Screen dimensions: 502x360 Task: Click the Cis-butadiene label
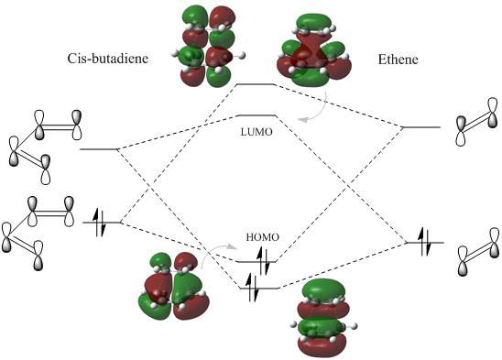pos(108,59)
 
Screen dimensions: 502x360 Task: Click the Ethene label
pos(398,60)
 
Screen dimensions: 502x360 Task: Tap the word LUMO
pos(256,132)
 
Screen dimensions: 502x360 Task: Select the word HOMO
pos(263,237)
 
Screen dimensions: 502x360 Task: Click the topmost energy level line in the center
pos(256,84)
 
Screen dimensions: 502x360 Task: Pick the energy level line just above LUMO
pos(257,115)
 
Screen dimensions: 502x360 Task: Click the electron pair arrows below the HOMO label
pos(263,261)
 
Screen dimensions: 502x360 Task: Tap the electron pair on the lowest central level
pos(252,288)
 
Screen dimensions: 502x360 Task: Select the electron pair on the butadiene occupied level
pos(99,223)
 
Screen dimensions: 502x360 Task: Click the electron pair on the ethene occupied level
pos(426,242)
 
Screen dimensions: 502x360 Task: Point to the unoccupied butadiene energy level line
pos(99,149)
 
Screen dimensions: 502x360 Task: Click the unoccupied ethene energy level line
pos(421,127)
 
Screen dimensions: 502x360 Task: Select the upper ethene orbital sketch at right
pos(477,122)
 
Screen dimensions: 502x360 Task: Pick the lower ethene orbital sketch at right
pos(478,252)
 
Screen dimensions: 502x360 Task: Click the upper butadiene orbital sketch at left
pos(45,147)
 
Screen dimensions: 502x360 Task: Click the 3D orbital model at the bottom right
pos(323,319)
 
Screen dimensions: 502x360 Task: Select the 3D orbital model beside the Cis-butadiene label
pos(208,47)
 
